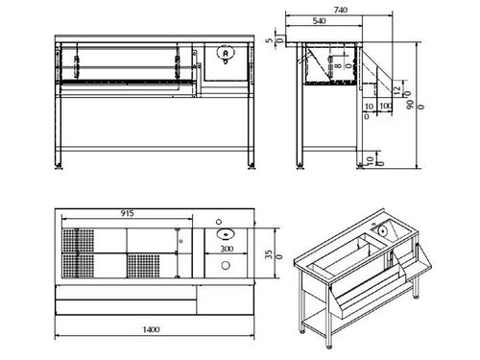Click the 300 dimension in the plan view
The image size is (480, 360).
[226, 249]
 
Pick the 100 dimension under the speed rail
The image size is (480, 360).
[384, 105]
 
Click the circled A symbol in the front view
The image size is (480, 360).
[223, 56]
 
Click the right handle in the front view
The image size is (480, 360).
[179, 63]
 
